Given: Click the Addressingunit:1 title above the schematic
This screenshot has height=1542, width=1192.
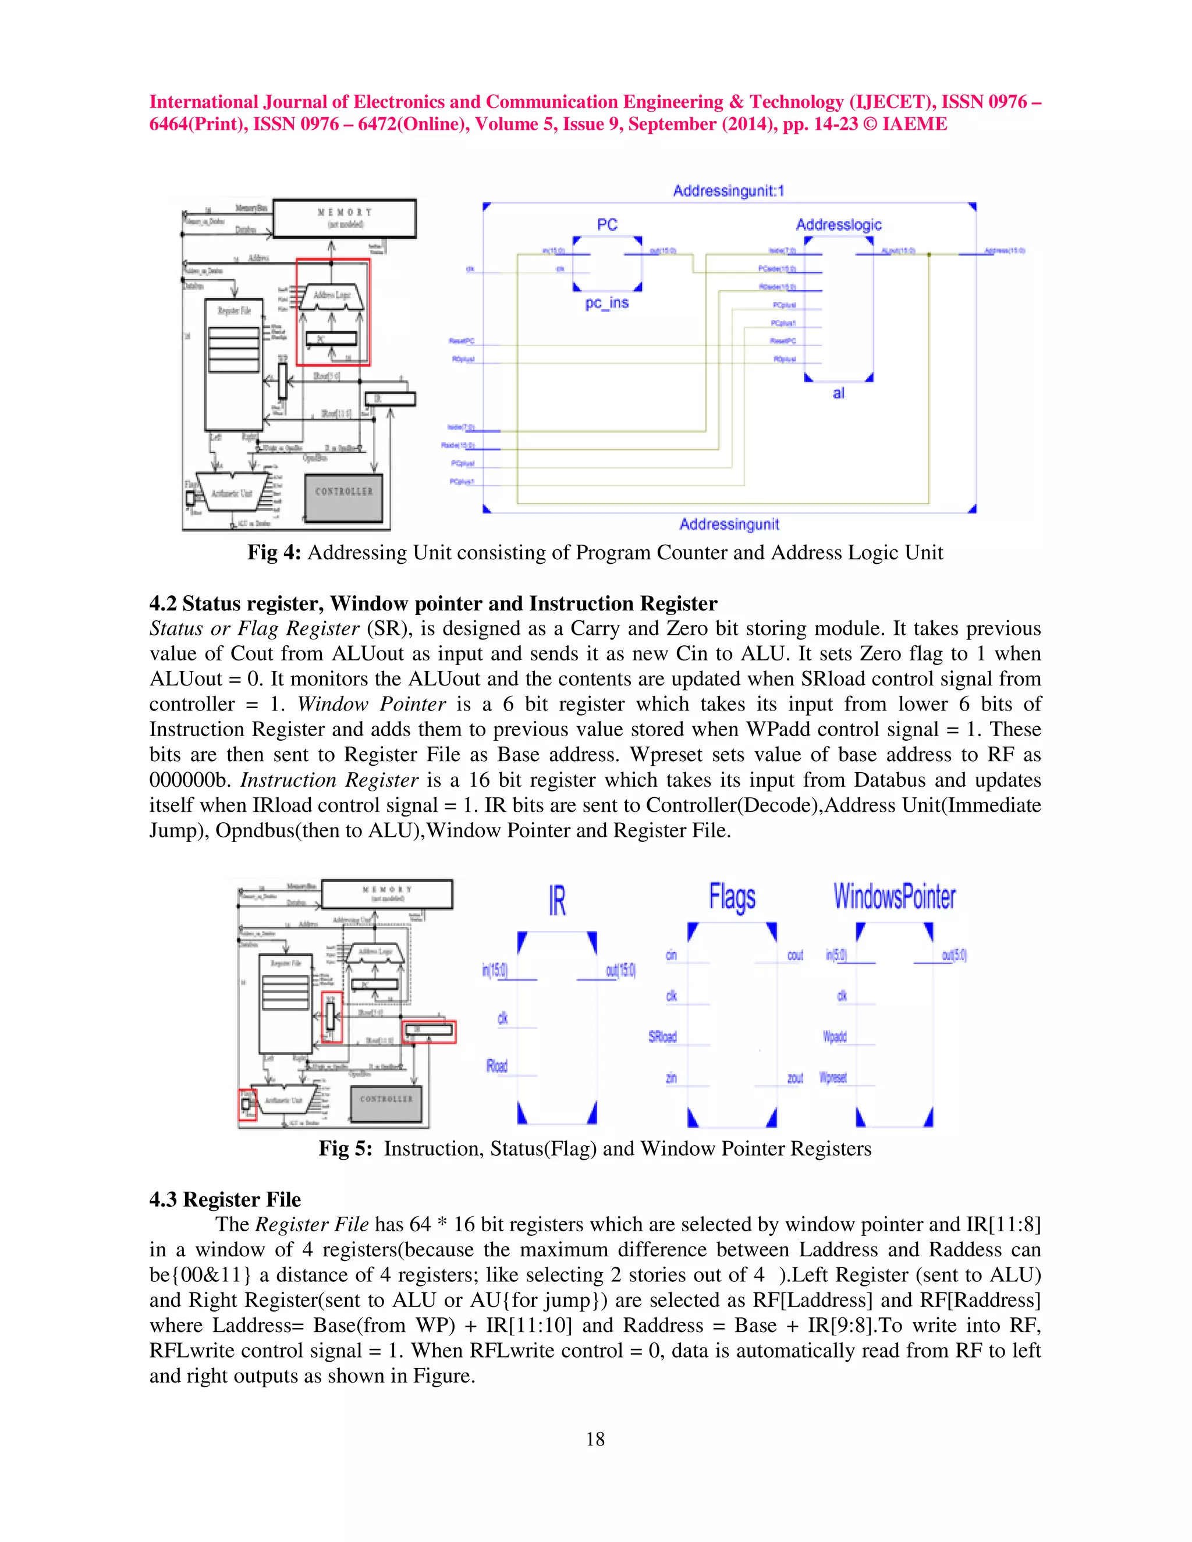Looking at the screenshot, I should (728, 191).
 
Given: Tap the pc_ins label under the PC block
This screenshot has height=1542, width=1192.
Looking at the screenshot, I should (606, 303).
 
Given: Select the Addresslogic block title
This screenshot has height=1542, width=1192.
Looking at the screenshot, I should (838, 225).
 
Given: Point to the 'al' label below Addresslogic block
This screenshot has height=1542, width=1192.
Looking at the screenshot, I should (838, 393).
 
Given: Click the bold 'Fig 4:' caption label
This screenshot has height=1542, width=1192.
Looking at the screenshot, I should (274, 552).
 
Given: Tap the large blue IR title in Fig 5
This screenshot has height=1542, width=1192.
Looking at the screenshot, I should (557, 901).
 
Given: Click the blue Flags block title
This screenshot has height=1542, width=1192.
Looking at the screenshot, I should (732, 897).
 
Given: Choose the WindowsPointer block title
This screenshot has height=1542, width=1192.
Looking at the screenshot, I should (894, 897).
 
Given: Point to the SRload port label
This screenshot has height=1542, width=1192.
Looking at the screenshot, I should (662, 1036).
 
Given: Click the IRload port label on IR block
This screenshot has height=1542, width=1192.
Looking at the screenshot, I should (497, 1066).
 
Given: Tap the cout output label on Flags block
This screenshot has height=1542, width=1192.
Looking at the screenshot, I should (795, 955).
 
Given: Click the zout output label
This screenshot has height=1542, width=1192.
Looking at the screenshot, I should (795, 1078).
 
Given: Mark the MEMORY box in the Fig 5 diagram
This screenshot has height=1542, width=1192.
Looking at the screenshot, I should (386, 894).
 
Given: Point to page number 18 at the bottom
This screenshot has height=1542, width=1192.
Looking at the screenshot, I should (595, 1439).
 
